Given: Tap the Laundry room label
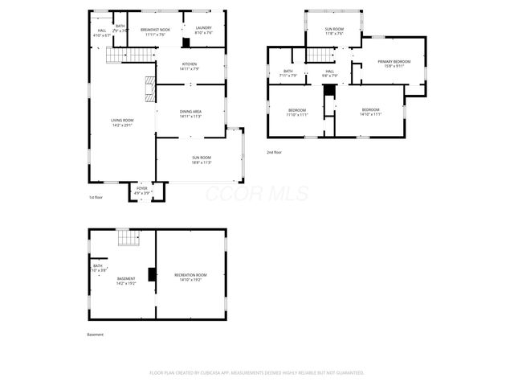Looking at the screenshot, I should coord(203,31).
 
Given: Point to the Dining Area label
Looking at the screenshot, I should coord(190,113).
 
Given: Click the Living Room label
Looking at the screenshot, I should coord(122,122).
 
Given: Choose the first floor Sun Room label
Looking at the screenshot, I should coord(201,159).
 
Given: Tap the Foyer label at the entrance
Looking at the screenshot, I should coord(141,191).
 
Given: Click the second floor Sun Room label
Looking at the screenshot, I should coord(334,31).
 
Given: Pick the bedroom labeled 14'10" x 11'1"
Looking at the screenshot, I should coord(370,112).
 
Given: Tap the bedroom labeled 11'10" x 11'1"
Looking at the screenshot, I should coord(298,112).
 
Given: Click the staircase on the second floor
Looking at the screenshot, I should coord(320,55).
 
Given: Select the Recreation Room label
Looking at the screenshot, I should coord(190,277).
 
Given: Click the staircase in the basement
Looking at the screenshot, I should coord(128,238).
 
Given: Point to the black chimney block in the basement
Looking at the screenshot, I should coord(152,274).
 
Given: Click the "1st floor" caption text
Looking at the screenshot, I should coord(96,197).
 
